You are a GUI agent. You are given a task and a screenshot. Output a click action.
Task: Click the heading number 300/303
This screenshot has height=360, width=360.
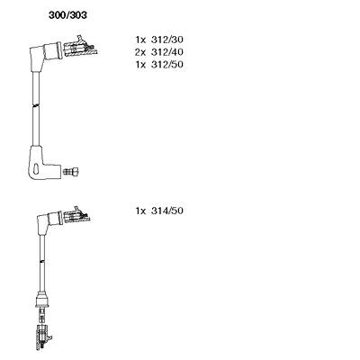[x=67, y=15]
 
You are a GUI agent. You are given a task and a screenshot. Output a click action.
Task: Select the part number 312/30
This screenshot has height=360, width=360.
[x=167, y=40]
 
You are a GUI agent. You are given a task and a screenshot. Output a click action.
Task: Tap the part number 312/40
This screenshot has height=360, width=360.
[x=167, y=52]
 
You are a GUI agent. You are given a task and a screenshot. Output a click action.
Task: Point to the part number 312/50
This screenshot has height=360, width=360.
[x=167, y=64]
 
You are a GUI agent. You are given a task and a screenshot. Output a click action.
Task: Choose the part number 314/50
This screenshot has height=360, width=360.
[x=167, y=211]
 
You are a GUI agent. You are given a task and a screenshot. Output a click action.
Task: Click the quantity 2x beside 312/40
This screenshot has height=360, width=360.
[x=140, y=52]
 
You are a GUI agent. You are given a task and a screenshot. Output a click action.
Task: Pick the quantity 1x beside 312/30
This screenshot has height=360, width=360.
[x=140, y=40]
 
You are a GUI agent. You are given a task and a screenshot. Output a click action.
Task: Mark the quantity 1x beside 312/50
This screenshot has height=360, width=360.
[x=140, y=65]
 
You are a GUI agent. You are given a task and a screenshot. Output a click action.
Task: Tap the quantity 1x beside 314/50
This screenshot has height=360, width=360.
[x=140, y=211]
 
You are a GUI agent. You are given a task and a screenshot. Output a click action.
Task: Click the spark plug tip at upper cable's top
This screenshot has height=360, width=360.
[x=80, y=48]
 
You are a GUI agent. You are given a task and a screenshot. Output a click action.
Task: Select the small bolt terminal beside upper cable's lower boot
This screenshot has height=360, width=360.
[x=71, y=172]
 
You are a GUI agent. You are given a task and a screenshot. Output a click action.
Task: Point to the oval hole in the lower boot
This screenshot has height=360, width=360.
[x=37, y=168]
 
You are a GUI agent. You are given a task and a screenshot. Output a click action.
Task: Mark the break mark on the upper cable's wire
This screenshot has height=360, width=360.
[x=36, y=105]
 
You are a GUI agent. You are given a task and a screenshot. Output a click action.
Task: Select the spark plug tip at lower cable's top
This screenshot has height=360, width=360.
[x=76, y=216]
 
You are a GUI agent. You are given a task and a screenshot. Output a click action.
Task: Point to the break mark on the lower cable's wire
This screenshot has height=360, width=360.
[x=42, y=263]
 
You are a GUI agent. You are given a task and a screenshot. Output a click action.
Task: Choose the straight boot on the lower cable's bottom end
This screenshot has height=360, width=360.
[x=42, y=301]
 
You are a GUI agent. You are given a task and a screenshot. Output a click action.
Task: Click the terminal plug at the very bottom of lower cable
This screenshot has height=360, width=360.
[x=43, y=337]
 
